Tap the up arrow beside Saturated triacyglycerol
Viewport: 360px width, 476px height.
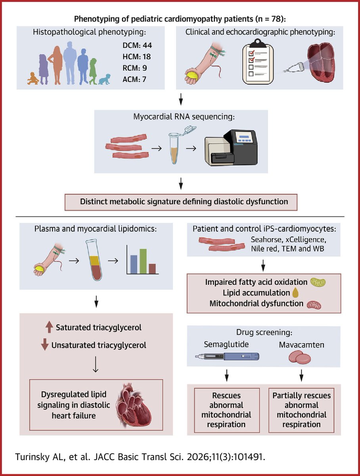[x=49, y=327]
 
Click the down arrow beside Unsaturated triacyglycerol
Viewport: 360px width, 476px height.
[x=44, y=345]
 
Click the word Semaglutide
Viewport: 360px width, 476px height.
[x=226, y=344]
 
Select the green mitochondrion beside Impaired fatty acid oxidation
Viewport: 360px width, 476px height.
[x=318, y=282]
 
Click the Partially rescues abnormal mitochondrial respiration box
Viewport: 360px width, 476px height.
[x=301, y=410]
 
